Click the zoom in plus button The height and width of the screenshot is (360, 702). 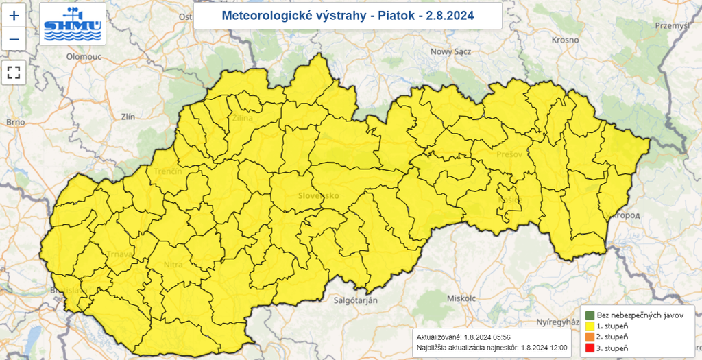point(14,15)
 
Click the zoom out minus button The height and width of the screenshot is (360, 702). point(14,40)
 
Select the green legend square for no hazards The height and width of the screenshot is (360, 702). point(589,315)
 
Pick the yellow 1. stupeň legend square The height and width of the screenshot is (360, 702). point(589,326)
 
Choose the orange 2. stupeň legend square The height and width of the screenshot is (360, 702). point(589,337)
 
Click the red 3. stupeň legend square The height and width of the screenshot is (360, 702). point(589,349)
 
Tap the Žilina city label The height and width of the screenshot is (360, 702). point(242,119)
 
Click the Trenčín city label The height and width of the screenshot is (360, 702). point(168,171)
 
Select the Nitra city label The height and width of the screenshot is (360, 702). point(173,264)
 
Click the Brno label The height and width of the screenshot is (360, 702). point(15,122)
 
